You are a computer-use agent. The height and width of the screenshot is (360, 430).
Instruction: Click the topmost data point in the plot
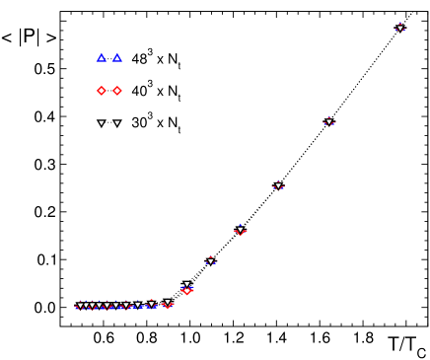[x=400, y=28]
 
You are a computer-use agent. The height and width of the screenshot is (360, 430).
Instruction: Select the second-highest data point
[x=329, y=122]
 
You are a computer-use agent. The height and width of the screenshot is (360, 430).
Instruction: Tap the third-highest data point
[x=278, y=185]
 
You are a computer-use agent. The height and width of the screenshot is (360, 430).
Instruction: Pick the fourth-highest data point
[x=240, y=230]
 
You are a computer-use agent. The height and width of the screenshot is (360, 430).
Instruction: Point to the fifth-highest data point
[x=211, y=261]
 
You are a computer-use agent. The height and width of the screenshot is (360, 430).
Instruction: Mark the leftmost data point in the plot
[x=80, y=306]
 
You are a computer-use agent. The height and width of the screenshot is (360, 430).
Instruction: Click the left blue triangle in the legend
[x=101, y=58]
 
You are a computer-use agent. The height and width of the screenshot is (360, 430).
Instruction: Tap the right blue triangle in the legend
[x=117, y=58]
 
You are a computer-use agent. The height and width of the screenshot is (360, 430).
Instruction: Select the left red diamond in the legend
[x=101, y=91]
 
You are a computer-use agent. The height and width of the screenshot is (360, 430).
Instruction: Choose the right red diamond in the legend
[x=117, y=91]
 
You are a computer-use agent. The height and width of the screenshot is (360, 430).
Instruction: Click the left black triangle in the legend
[x=101, y=123]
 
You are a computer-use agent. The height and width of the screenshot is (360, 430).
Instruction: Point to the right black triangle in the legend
[x=117, y=123]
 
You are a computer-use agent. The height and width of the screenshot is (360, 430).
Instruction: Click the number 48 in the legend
[x=138, y=59]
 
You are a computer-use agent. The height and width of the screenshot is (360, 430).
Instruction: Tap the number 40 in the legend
[x=138, y=92]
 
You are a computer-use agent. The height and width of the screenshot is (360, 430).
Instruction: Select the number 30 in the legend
[x=138, y=124]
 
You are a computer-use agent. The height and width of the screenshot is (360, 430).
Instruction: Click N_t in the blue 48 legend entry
[x=173, y=60]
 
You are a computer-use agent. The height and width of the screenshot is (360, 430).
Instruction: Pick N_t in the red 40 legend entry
[x=173, y=93]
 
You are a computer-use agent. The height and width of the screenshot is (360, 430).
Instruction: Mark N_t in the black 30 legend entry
[x=173, y=125]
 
